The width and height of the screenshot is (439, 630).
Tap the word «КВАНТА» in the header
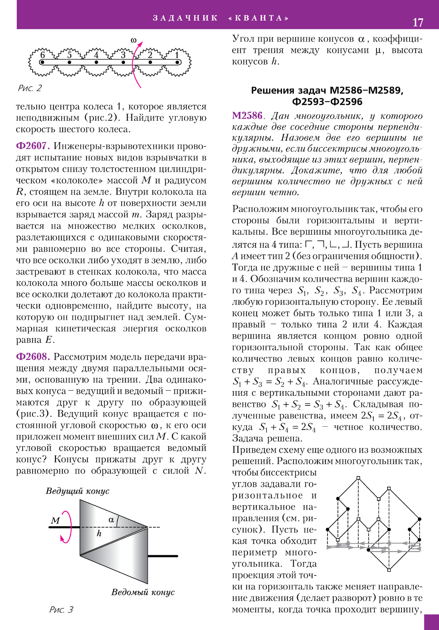click(258, 18)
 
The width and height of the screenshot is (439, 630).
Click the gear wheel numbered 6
click(43, 62)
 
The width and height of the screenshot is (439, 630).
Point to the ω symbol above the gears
click(133, 40)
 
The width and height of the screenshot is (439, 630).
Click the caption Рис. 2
click(30, 88)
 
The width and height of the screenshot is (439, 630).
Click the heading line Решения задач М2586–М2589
click(327, 91)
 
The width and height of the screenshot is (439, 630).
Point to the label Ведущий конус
click(77, 491)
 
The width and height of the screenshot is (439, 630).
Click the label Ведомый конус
click(143, 592)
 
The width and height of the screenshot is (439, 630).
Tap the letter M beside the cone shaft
click(55, 521)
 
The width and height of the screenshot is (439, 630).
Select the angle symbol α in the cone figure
click(111, 520)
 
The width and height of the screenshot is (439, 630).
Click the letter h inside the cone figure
click(99, 533)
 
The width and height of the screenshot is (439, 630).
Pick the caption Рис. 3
click(61, 609)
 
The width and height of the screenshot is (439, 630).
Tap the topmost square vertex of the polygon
click(358, 478)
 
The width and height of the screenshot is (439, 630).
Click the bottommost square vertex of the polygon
click(389, 570)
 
